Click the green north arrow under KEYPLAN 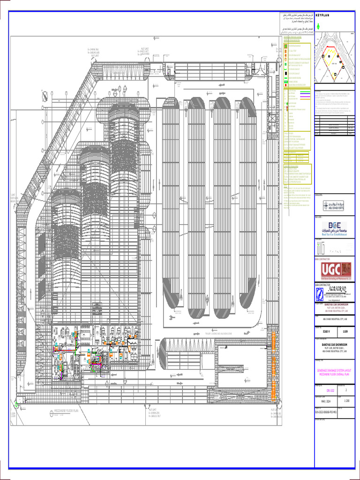[319, 27]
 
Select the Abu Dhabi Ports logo [333, 205]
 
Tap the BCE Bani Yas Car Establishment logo [334, 228]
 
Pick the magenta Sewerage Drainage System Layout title [334, 371]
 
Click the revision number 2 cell [346, 390]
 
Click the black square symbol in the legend [285, 74]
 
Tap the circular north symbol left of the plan [44, 97]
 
